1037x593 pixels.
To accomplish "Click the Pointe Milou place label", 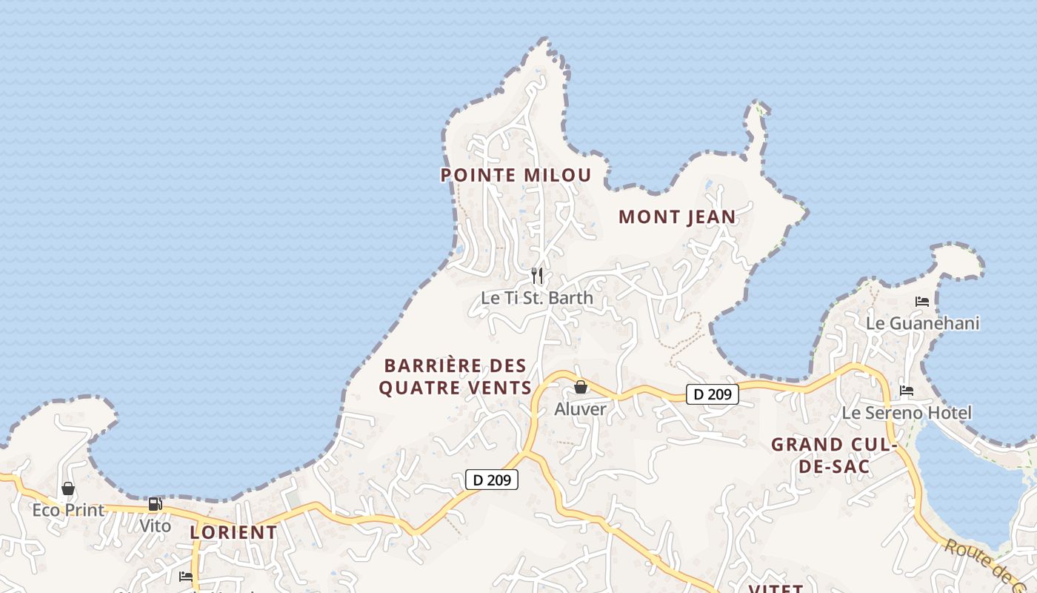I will [516, 175].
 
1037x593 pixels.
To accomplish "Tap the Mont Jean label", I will [677, 216].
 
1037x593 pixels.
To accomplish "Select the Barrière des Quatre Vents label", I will [455, 377].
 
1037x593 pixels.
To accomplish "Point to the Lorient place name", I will [233, 532].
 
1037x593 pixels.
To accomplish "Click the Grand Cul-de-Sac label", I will [834, 455].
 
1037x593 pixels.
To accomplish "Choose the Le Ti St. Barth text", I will [537, 298].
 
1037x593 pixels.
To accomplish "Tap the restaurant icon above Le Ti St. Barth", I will [538, 276].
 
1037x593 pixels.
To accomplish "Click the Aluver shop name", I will [581, 409].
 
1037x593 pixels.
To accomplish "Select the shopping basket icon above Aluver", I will [581, 387].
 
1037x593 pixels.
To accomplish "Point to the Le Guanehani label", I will [922, 323].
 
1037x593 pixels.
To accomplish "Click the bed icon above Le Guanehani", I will [922, 302].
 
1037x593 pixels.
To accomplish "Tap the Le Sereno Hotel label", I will [907, 413].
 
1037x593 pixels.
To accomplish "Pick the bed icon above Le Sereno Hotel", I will [907, 391].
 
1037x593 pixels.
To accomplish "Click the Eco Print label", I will [68, 510].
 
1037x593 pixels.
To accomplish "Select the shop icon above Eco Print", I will [68, 488].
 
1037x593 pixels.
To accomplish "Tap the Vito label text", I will [156, 526].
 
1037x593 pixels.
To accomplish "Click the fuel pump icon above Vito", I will [156, 505].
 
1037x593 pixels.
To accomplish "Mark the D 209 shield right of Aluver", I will [713, 394].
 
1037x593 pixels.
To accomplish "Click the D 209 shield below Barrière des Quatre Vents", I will [492, 480].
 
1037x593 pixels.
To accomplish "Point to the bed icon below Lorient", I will [186, 576].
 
